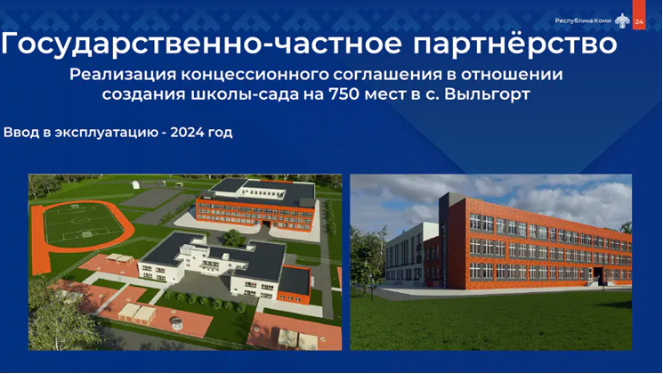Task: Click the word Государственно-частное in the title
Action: click(201, 44)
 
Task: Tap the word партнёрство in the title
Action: click(514, 43)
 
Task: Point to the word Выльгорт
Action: click(487, 93)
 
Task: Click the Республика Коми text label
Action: click(583, 20)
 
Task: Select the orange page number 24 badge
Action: click(639, 15)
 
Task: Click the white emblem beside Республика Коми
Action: click(622, 20)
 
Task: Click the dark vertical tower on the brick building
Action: click(443, 238)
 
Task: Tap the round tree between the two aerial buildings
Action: click(231, 238)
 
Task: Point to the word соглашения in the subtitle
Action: click(386, 75)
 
